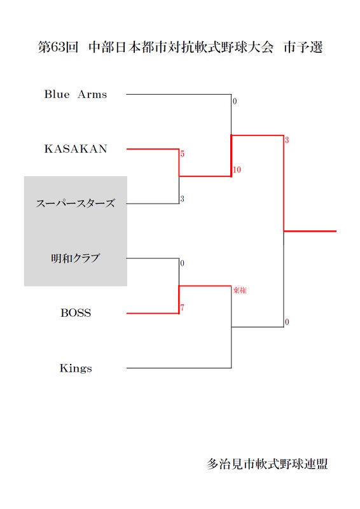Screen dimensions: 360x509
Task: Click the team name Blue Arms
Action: [76, 94]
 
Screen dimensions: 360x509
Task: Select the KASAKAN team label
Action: [76, 149]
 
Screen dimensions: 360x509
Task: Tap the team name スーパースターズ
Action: [75, 204]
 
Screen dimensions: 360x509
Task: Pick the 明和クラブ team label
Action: [75, 258]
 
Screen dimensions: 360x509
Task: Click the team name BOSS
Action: [76, 312]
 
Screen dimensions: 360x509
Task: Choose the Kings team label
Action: [76, 368]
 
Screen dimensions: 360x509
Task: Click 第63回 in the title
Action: [58, 47]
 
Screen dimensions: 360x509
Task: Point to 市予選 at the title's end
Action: [303, 47]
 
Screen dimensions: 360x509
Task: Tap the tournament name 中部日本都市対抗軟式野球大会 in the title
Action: [181, 47]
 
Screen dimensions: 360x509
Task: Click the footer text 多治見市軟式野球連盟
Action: [268, 464]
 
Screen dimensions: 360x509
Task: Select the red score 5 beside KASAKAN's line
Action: [183, 154]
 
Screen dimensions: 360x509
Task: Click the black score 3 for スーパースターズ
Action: [182, 199]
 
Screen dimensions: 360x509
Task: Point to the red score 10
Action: [237, 169]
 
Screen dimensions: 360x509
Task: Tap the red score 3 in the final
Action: [287, 140]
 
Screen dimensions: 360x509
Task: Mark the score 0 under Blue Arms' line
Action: [235, 101]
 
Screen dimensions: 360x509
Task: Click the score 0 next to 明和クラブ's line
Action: [182, 263]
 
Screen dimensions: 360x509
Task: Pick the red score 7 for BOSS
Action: [183, 307]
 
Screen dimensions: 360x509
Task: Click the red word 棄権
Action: [240, 290]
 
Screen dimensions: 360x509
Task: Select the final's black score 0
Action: [287, 322]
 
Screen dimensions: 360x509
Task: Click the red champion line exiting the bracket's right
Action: [310, 231]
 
